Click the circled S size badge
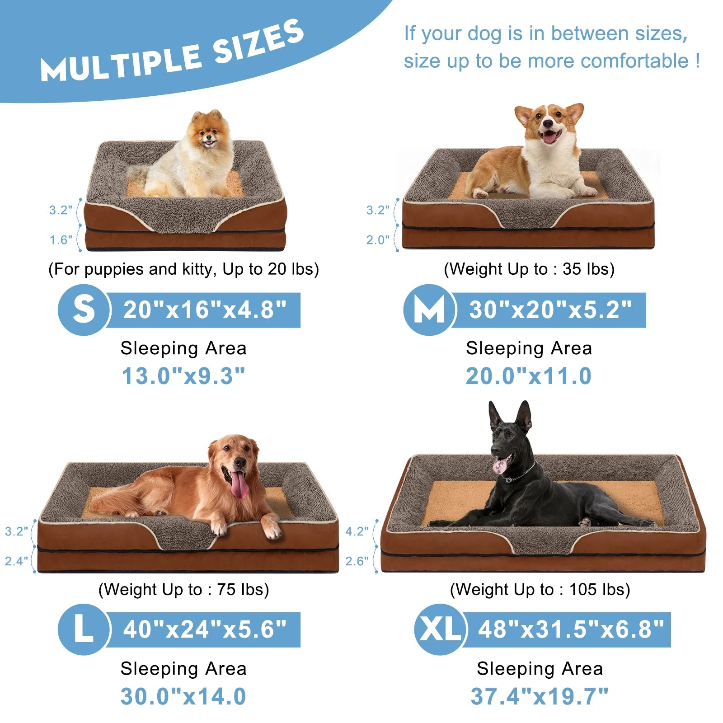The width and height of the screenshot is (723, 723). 84,310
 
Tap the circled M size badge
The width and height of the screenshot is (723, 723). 429,310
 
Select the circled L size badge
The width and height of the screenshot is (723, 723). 84,629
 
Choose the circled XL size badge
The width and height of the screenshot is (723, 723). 439,629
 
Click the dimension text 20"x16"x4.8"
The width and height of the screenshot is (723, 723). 205,310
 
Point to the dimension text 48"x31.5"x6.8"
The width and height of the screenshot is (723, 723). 571,629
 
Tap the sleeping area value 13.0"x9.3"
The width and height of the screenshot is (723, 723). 183,376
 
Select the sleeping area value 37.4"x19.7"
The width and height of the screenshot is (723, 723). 540,696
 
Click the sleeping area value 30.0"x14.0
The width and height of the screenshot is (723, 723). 183,696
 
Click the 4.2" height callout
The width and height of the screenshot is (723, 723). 357,531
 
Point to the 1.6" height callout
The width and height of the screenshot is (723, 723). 61,240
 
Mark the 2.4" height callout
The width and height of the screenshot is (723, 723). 16,561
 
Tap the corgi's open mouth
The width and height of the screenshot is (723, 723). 549,136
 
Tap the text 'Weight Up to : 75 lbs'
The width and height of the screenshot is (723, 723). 183,590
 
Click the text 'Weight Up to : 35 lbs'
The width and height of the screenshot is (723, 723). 529,269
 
